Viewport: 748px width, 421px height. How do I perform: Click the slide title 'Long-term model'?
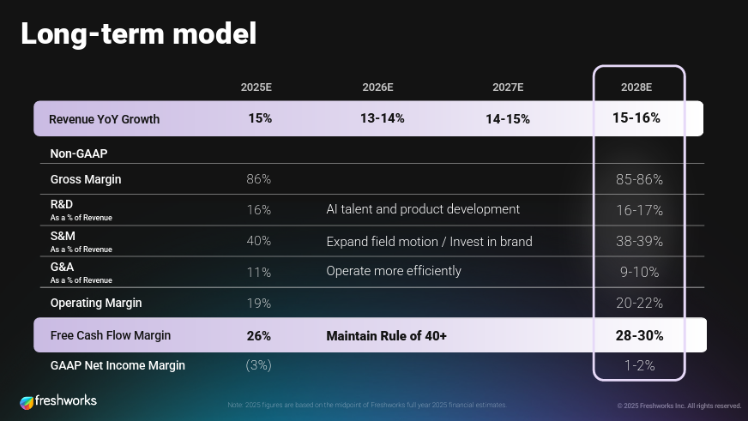(138, 34)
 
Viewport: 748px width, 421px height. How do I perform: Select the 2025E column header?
(256, 87)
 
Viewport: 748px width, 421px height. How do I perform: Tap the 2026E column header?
(378, 87)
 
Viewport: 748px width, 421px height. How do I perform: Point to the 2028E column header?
(636, 87)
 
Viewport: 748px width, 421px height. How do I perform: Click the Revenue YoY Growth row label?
(104, 119)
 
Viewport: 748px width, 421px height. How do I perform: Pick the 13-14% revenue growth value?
(382, 118)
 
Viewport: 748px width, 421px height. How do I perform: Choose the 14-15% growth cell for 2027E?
(508, 119)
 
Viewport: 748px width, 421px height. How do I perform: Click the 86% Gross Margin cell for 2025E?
(258, 179)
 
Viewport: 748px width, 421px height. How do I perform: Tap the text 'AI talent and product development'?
(423, 209)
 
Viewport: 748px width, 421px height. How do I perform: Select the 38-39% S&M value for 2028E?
(639, 241)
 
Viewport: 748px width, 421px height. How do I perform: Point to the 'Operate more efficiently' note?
(394, 271)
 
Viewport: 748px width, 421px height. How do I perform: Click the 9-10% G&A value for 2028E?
(638, 272)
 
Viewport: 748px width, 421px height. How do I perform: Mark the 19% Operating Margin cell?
(258, 303)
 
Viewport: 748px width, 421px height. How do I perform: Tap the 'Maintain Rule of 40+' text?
(386, 336)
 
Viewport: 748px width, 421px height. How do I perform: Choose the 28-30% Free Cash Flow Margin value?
(639, 335)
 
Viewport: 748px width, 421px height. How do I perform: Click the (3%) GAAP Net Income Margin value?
(258, 365)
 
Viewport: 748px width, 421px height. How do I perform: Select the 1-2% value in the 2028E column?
(639, 365)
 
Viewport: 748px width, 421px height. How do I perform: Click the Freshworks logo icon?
(27, 401)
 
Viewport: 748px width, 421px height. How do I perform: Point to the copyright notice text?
(679, 406)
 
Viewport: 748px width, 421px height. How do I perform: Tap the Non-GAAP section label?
(79, 153)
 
